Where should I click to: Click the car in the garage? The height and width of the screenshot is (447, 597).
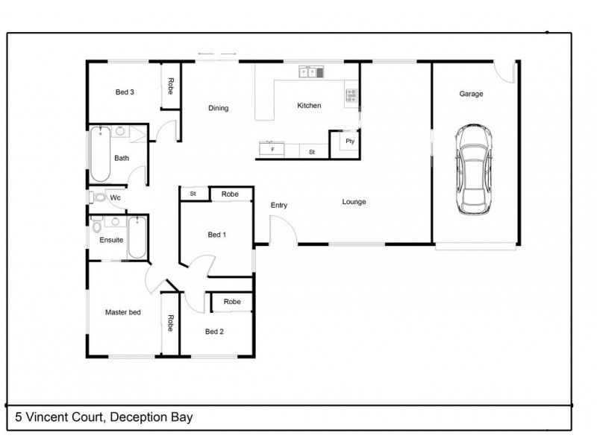475,169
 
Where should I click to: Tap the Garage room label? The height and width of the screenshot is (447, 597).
471,94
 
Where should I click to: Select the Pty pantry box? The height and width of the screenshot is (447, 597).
349,141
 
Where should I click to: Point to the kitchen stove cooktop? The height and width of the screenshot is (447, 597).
350,95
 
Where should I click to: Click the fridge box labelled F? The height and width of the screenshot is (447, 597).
273,150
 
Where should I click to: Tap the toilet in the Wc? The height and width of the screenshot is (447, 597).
98,198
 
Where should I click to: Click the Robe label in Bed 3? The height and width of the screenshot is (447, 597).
171,86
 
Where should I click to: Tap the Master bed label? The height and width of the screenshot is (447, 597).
123,312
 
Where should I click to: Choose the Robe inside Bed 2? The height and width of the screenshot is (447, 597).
232,302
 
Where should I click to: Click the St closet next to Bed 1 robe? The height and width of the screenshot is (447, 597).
193,194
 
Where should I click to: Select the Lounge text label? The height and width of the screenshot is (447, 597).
354,202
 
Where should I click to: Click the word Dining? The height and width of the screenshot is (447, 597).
218,108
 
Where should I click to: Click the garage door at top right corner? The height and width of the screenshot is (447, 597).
509,71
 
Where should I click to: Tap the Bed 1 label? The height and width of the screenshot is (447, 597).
216,235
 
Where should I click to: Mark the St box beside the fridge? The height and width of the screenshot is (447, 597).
313,151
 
